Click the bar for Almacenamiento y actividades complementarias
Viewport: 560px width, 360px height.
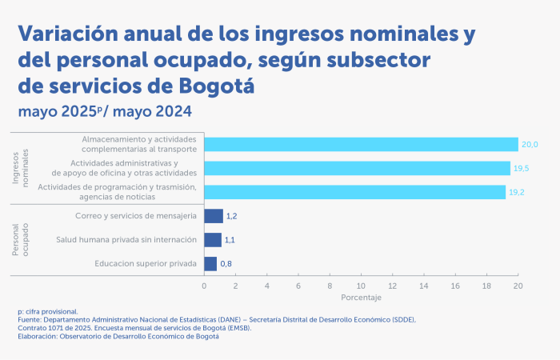pyautogui.click(x=361, y=144)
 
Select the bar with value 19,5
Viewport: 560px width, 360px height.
pyautogui.click(x=357, y=168)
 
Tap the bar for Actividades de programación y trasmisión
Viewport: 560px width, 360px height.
pyautogui.click(x=354, y=192)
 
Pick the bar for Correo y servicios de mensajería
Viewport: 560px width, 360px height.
pyautogui.click(x=214, y=216)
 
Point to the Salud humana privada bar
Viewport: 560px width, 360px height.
pyautogui.click(x=213, y=239)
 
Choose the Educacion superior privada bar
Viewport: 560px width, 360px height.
pyautogui.click(x=210, y=263)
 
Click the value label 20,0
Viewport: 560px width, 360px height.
pyautogui.click(x=530, y=145)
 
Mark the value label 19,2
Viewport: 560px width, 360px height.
pyautogui.click(x=517, y=193)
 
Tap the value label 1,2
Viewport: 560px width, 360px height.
pyautogui.click(x=233, y=216)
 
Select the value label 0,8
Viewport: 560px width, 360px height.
pyautogui.click(x=226, y=264)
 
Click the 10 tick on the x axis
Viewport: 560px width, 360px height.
pyautogui.click(x=361, y=285)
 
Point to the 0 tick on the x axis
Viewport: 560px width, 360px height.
pyautogui.click(x=204, y=285)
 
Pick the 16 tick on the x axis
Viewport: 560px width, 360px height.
pyautogui.click(x=455, y=285)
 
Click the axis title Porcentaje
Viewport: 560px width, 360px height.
pyautogui.click(x=361, y=298)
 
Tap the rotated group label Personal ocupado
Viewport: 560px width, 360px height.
pyautogui.click(x=21, y=239)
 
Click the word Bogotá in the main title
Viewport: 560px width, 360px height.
pyautogui.click(x=209, y=85)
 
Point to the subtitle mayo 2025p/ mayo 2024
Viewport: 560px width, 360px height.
pyautogui.click(x=104, y=110)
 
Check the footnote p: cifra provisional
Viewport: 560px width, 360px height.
pyautogui.click(x=48, y=311)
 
